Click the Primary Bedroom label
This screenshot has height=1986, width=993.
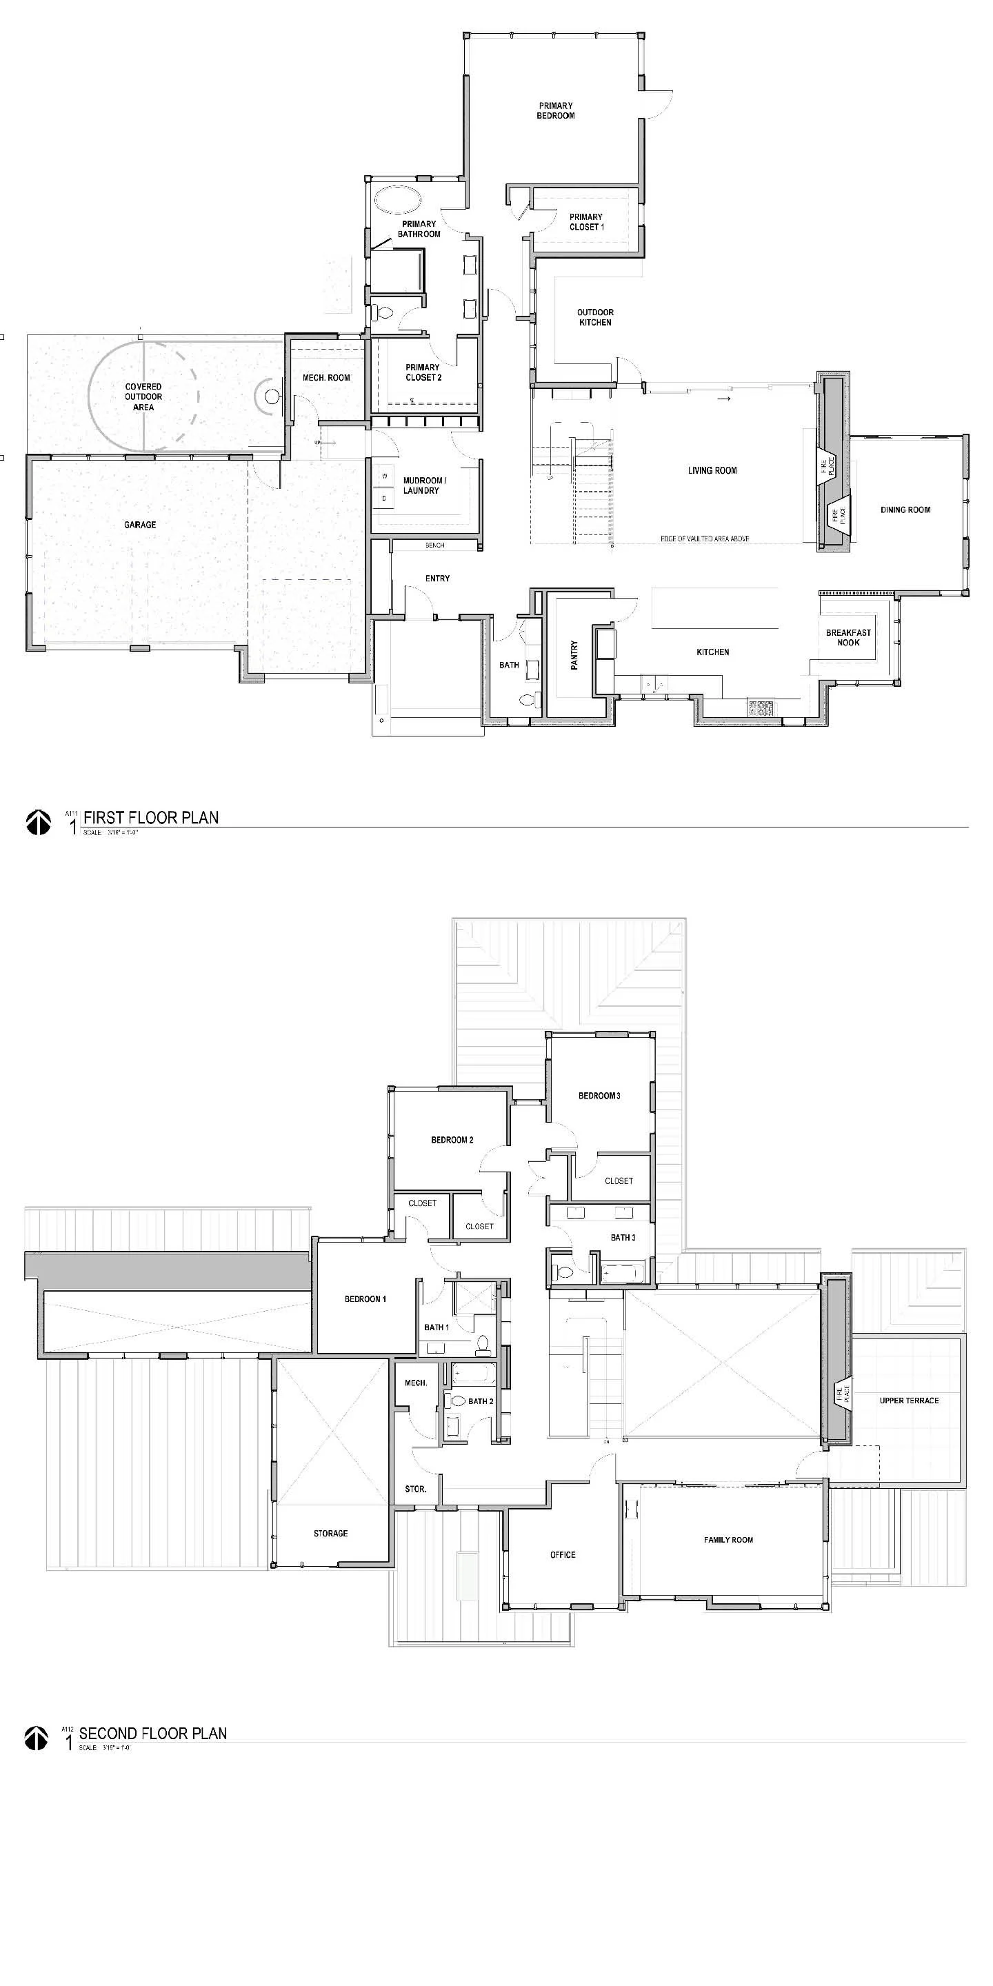(x=555, y=110)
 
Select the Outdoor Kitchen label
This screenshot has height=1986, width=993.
(x=595, y=317)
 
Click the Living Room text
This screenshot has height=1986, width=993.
(x=712, y=470)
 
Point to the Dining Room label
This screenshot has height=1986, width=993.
(x=905, y=510)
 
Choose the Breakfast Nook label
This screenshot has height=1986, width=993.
(x=848, y=636)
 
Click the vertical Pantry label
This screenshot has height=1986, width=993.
(x=574, y=655)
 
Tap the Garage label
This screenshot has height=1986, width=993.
(x=140, y=524)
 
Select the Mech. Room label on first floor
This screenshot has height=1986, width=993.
(x=326, y=378)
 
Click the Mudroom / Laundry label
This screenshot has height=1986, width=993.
(x=423, y=485)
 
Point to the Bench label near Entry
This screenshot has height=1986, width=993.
(x=435, y=545)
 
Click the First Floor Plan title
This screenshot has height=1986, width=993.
(x=151, y=817)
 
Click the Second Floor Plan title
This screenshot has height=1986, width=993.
(x=152, y=1733)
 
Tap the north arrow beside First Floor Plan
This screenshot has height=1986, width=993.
(x=39, y=822)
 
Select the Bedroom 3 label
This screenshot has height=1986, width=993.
(x=599, y=1096)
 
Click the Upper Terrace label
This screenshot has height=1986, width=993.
(x=909, y=1400)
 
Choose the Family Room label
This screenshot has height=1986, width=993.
(x=728, y=1540)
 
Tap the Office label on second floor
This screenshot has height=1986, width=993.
(x=563, y=1554)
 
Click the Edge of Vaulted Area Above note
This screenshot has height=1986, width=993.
(x=705, y=539)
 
